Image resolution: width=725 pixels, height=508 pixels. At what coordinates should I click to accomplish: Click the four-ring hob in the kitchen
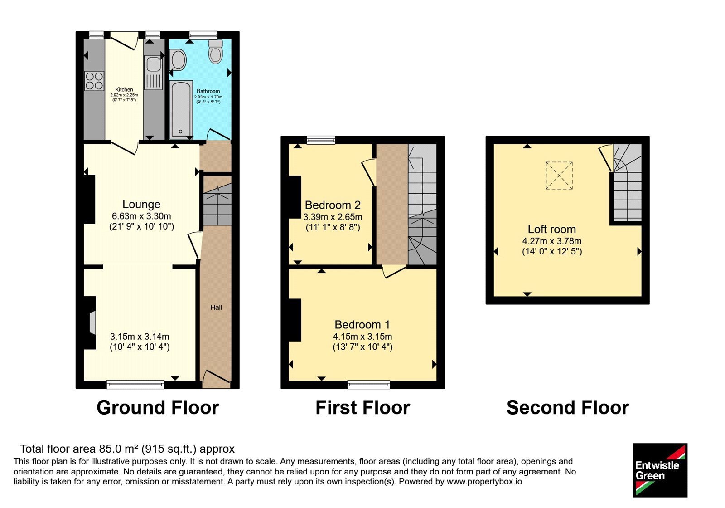[x=94, y=81]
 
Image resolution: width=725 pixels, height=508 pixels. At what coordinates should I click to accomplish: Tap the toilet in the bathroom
[x=216, y=52]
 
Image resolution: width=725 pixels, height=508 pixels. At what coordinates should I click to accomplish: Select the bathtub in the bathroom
[x=181, y=109]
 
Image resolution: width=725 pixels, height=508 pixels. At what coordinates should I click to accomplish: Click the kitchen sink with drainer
[x=154, y=73]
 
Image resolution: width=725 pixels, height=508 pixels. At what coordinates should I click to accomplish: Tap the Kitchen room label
[x=124, y=89]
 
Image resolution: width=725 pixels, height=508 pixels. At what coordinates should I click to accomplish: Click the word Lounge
[x=141, y=204]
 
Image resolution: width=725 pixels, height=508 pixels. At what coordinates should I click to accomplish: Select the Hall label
[x=216, y=307]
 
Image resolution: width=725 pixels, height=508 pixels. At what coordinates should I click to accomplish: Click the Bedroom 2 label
[x=333, y=205]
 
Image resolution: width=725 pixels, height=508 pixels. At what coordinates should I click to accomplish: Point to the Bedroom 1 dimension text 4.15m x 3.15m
[x=362, y=336]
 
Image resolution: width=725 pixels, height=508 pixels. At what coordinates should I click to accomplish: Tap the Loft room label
[x=552, y=229]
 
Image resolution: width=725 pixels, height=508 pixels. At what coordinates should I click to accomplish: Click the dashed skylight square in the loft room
[x=559, y=176]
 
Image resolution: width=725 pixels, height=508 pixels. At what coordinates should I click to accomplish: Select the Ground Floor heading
[x=158, y=407]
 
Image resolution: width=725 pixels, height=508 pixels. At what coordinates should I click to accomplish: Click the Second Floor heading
[x=568, y=407]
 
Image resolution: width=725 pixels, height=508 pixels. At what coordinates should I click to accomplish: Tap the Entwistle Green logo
[x=660, y=470]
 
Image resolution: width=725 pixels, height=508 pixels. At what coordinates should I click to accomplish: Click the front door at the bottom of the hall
[x=216, y=379]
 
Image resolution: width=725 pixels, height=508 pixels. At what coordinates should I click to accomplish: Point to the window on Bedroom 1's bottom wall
[x=369, y=385]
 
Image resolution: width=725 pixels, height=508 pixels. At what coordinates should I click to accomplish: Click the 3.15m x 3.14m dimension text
[x=140, y=336]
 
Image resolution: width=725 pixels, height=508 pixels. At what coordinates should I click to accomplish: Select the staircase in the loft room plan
[x=628, y=183]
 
